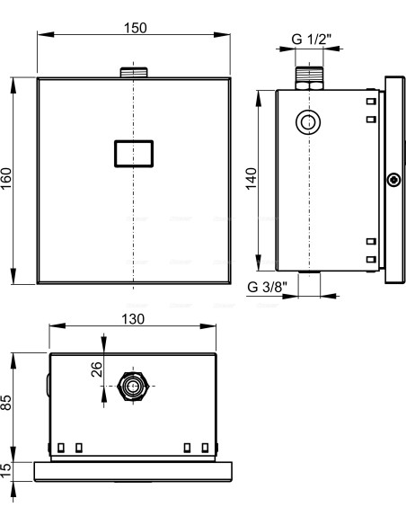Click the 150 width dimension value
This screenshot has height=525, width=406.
tap(135, 28)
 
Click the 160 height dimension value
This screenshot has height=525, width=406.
tap(6, 179)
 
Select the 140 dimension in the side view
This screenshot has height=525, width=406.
tap(251, 179)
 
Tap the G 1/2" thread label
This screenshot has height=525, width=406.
tap(311, 40)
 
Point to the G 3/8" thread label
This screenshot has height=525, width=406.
tap(267, 287)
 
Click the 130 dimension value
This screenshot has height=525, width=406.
tap(133, 319)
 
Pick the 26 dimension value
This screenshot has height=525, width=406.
tap(97, 369)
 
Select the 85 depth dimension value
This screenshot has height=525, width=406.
tap(6, 402)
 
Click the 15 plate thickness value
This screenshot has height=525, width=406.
tap(6, 471)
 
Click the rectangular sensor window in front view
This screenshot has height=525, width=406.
tap(134, 154)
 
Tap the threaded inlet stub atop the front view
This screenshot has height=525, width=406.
tap(134, 72)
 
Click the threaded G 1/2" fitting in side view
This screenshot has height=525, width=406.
tap(309, 78)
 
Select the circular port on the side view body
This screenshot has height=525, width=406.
tap(308, 122)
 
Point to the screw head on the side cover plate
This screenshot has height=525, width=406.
tap(394, 180)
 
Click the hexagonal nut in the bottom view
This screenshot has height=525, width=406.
tap(133, 386)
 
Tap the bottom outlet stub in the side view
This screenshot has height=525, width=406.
tap(309, 272)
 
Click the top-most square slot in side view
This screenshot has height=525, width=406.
tap(371, 101)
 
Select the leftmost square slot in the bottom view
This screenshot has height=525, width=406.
tap(61, 448)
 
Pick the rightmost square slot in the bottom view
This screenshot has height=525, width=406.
tap(205, 448)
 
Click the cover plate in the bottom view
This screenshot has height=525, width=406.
tap(133, 472)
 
